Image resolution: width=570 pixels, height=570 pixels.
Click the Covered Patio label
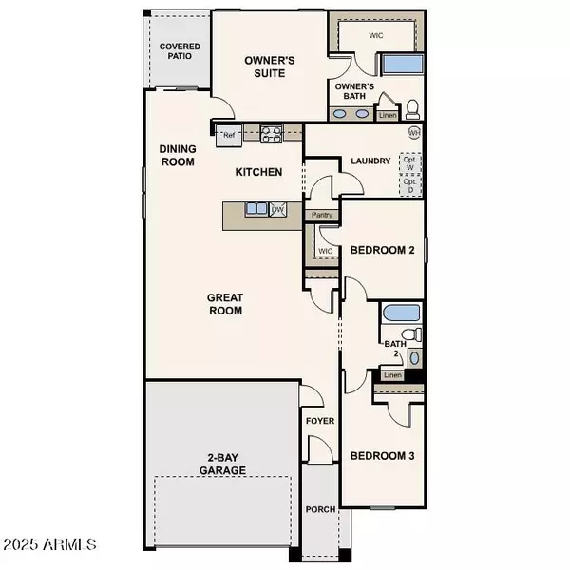click(x=179, y=51)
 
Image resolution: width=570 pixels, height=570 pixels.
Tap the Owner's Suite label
click(x=270, y=66)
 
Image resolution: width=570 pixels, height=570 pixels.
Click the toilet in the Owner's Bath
click(x=412, y=106)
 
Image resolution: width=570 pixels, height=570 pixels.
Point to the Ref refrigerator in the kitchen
click(x=228, y=135)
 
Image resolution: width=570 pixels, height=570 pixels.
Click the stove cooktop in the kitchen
click(x=271, y=135)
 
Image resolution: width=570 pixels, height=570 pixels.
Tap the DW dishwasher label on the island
click(x=277, y=209)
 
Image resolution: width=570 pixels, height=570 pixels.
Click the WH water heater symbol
click(x=414, y=133)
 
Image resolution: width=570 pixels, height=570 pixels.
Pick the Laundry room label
click(x=370, y=161)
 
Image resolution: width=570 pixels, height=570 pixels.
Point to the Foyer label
click(x=316, y=419)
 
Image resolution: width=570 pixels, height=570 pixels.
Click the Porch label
click(x=320, y=509)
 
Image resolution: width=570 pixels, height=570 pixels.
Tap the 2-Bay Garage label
click(x=223, y=464)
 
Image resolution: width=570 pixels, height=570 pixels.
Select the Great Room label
click(x=224, y=304)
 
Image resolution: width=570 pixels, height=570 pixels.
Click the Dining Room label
click(x=177, y=155)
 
